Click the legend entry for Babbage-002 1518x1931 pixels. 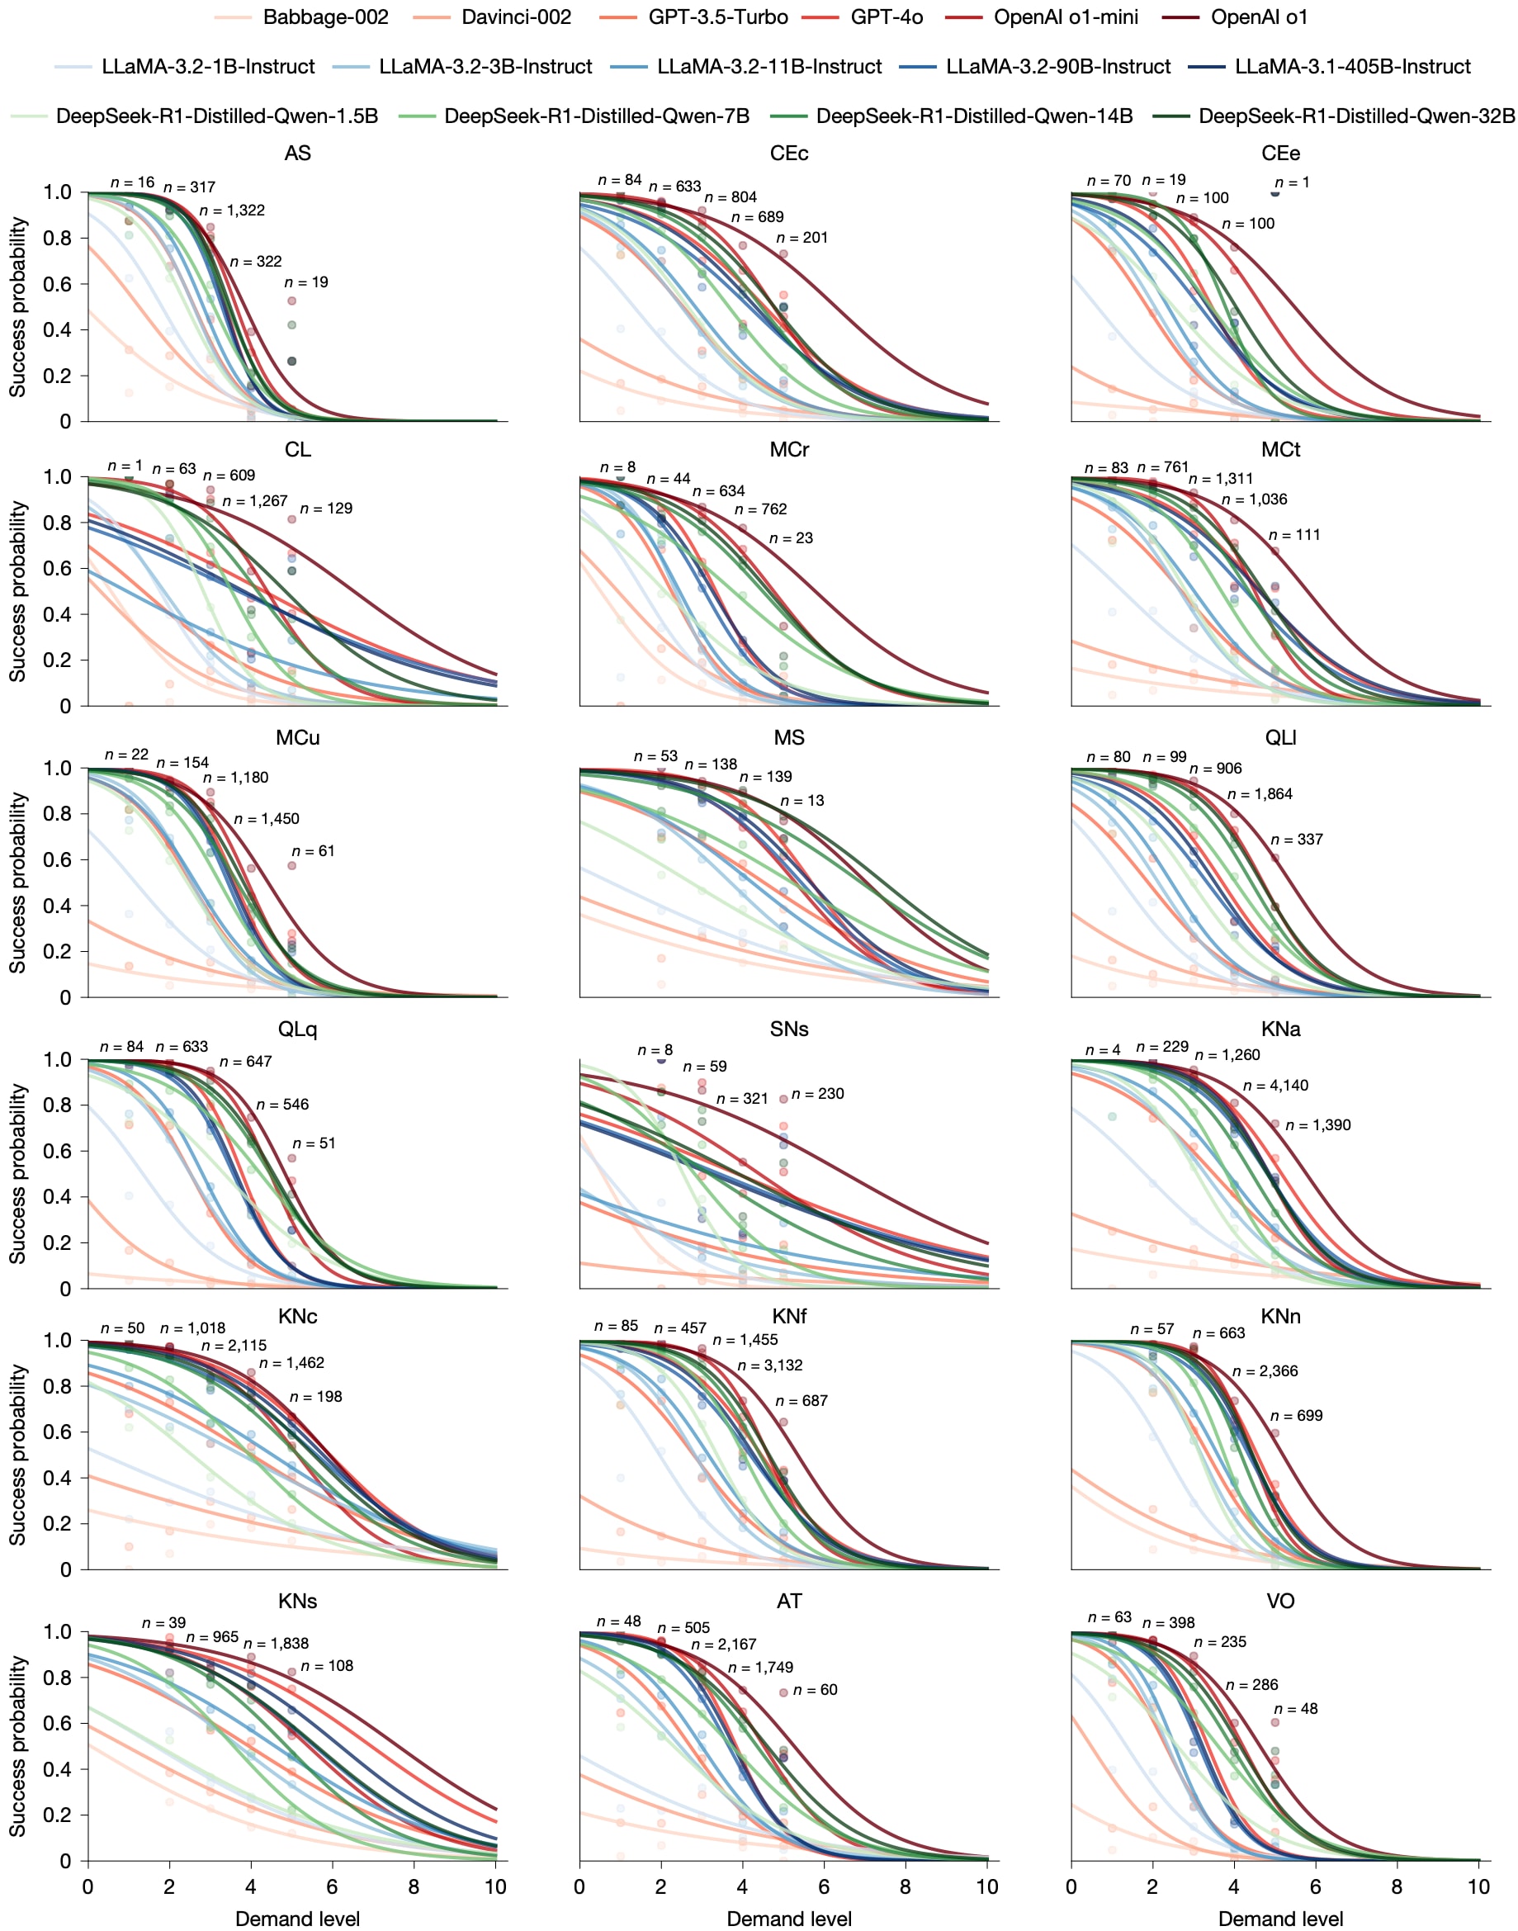(x=301, y=17)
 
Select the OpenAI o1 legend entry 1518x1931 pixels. (x=1236, y=17)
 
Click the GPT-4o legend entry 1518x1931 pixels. (x=862, y=17)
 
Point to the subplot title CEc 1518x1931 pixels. (x=788, y=154)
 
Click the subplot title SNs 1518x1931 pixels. (x=788, y=1029)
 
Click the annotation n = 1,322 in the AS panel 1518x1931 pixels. (x=232, y=211)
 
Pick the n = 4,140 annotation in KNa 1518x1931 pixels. (x=1275, y=1085)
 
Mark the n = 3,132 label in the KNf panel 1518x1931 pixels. (x=769, y=1365)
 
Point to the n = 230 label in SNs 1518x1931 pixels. (x=818, y=1093)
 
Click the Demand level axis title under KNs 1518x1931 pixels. (x=298, y=1919)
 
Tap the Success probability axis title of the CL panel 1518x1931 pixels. (x=17, y=592)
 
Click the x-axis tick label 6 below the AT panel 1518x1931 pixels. (x=824, y=1886)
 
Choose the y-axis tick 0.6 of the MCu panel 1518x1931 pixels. (x=58, y=859)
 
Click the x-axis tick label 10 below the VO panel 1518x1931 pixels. (x=1478, y=1886)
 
